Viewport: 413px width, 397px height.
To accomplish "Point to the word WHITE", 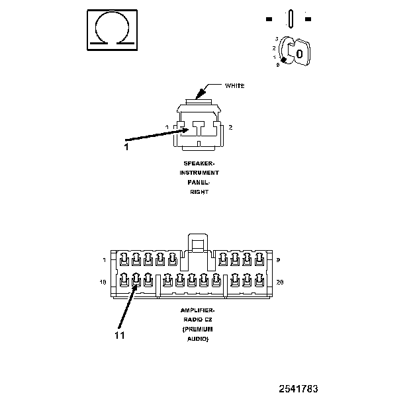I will tap(235, 85).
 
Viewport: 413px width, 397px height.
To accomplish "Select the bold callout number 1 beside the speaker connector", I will tap(126, 147).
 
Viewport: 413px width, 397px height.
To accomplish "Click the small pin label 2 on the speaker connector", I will tap(230, 126).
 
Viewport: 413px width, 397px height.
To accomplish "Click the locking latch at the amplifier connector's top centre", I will tap(197, 243).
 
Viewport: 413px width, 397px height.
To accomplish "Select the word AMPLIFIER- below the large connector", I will tap(198, 310).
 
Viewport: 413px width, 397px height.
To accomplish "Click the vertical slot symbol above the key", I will tap(289, 19).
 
